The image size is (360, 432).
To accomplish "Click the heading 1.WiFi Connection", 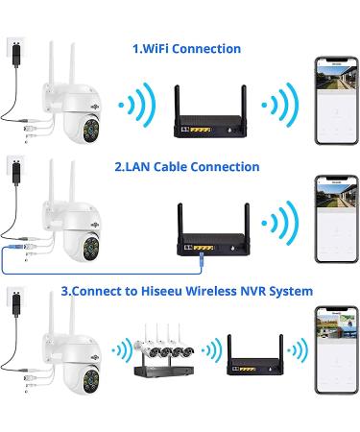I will [x=186, y=48].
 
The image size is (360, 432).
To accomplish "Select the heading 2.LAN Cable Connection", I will [x=186, y=166].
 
